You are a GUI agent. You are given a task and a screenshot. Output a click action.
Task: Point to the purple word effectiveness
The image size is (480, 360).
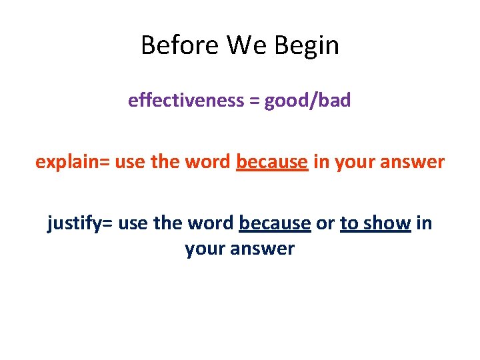coord(186,101)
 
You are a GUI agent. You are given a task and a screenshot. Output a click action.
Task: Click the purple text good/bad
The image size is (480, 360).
coord(307,101)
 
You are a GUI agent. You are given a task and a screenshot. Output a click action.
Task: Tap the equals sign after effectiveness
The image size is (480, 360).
coord(254,101)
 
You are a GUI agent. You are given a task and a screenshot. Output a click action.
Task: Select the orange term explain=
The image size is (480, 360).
coord(73,162)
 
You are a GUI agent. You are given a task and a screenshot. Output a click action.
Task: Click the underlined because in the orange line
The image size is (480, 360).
coord(272,162)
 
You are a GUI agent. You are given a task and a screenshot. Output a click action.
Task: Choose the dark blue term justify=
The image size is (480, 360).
coord(79,223)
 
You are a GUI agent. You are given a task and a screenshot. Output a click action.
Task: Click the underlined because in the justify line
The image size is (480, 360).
coord(275,223)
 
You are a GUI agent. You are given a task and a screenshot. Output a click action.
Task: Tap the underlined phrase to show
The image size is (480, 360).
coord(375,223)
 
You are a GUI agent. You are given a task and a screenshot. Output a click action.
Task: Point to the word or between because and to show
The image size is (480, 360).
coord(325,223)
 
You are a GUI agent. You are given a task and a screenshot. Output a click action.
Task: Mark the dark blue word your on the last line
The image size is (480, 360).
coord(204,249)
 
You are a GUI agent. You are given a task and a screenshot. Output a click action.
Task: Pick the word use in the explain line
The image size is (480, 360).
coord(130,162)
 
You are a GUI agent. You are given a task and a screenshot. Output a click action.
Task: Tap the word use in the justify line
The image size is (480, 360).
coord(133,223)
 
